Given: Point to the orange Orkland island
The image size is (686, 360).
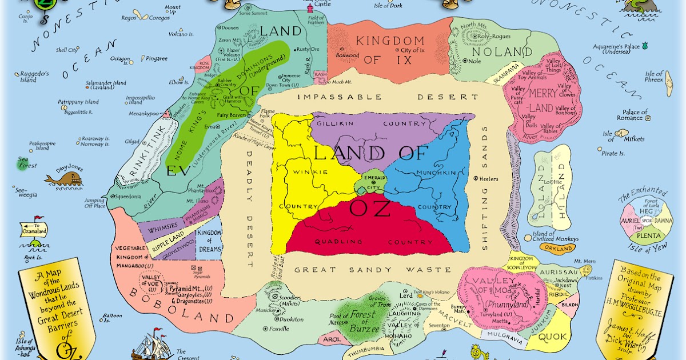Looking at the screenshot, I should pyautogui.click(x=559, y=249).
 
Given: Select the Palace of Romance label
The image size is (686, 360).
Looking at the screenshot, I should pyautogui.click(x=632, y=115).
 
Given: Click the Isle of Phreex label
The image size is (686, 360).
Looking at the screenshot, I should pyautogui.click(x=654, y=77).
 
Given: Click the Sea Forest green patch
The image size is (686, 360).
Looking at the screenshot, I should pyautogui.click(x=26, y=163).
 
